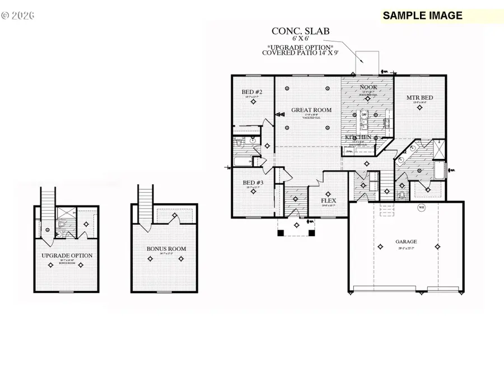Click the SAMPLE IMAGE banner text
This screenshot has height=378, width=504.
pyautogui.click(x=423, y=16)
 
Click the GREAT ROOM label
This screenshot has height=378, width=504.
pyautogui.click(x=311, y=110)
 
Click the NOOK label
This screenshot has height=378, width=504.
pyautogui.click(x=368, y=87)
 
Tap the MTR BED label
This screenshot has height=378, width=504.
pyautogui.click(x=420, y=97)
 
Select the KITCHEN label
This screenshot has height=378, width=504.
pyautogui.click(x=358, y=137)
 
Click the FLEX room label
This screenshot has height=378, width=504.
pyautogui.click(x=328, y=200)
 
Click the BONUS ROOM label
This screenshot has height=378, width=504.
pyautogui.click(x=166, y=249)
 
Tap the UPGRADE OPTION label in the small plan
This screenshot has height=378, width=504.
pyautogui.click(x=67, y=256)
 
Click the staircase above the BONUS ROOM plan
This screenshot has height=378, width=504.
pyautogui.click(x=146, y=203)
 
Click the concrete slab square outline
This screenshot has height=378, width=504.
pyautogui.click(x=368, y=63)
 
